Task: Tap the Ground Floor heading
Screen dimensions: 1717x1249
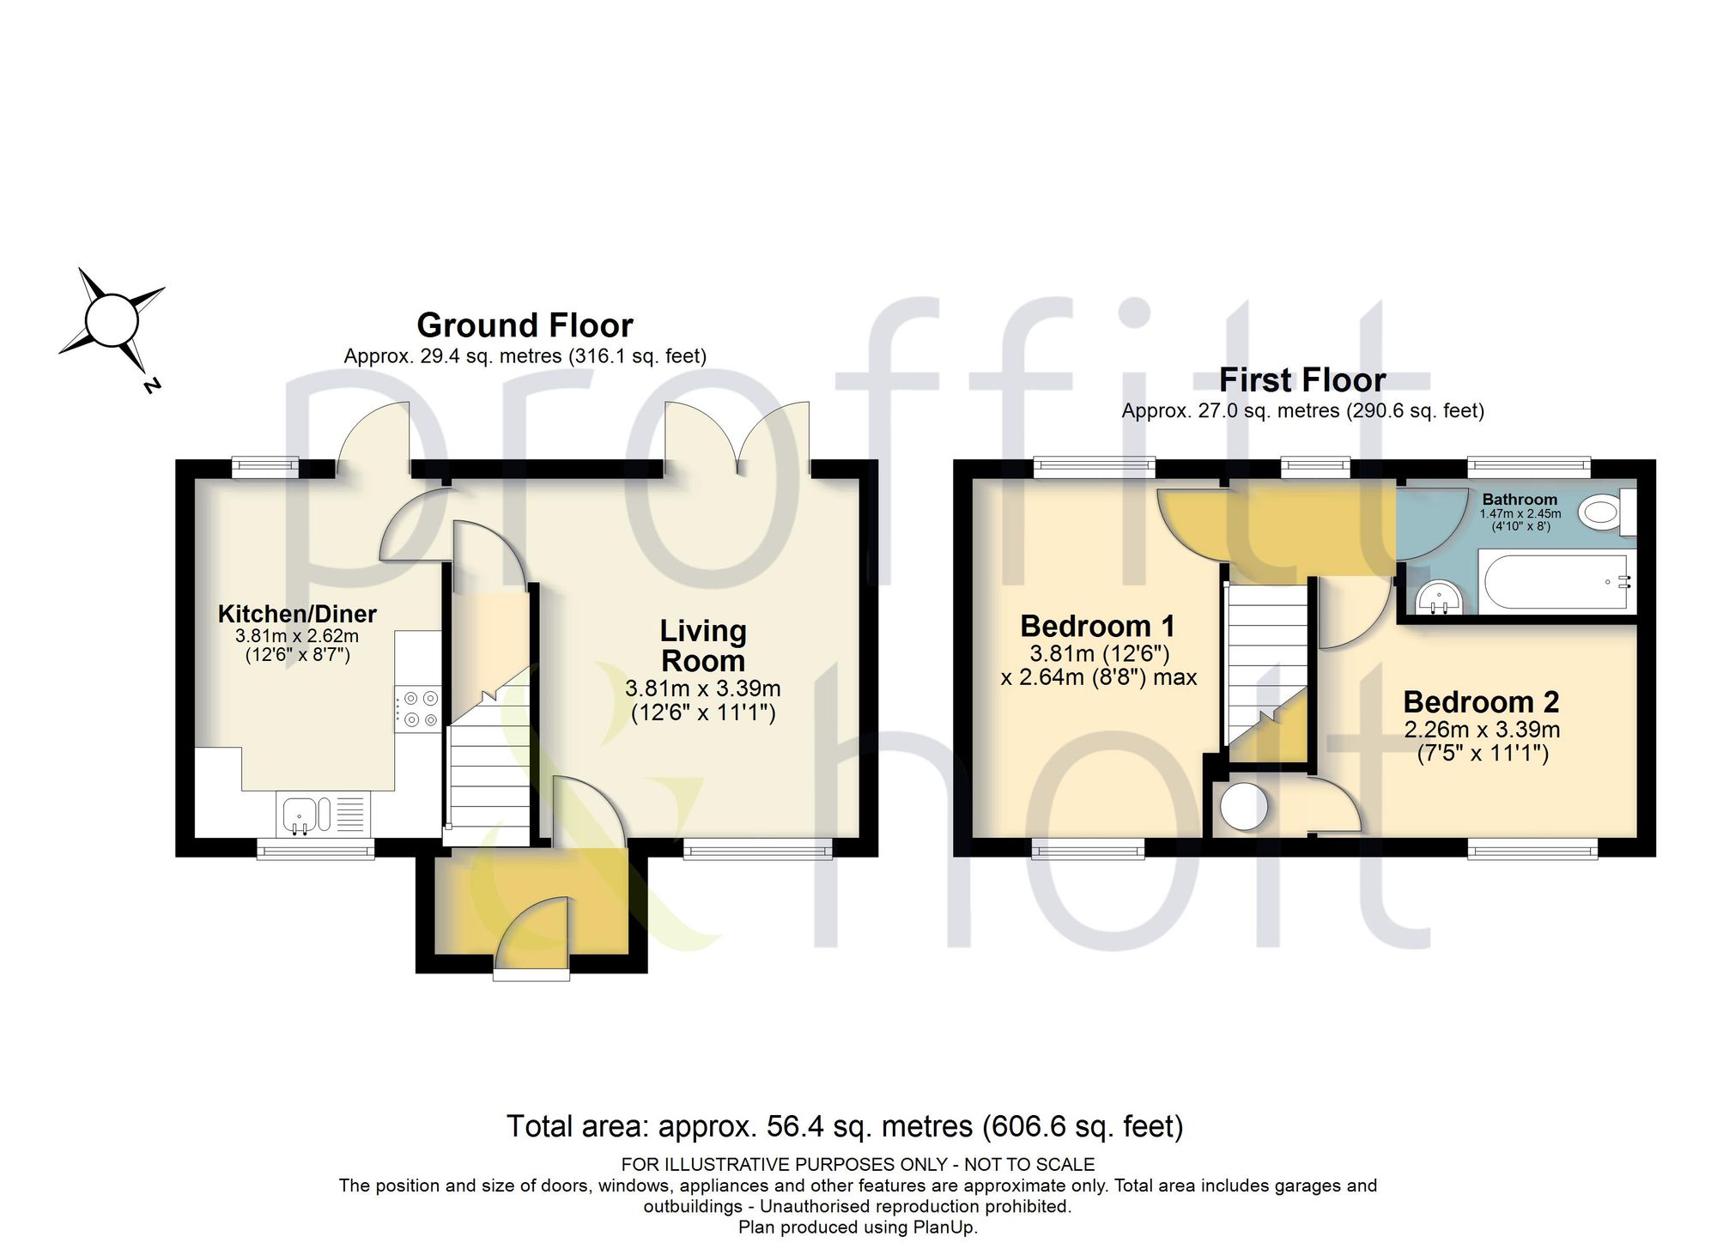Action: point(525,325)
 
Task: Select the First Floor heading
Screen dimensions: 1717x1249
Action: point(1302,379)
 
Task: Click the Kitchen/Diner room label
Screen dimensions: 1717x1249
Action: point(297,614)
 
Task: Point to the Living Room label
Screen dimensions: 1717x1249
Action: point(703,646)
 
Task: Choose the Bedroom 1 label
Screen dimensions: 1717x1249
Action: point(1097,626)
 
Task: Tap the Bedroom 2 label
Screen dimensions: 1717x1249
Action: point(1481,702)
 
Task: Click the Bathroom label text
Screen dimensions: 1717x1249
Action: point(1520,500)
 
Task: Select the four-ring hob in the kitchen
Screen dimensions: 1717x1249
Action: point(419,709)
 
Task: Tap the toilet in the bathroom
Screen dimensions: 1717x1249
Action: point(1608,513)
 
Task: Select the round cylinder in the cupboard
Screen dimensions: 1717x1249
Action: point(1244,805)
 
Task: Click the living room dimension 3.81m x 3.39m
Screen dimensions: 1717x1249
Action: point(703,688)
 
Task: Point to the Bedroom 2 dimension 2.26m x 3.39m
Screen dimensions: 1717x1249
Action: point(1482,730)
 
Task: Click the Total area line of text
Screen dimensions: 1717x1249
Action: point(845,1125)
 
